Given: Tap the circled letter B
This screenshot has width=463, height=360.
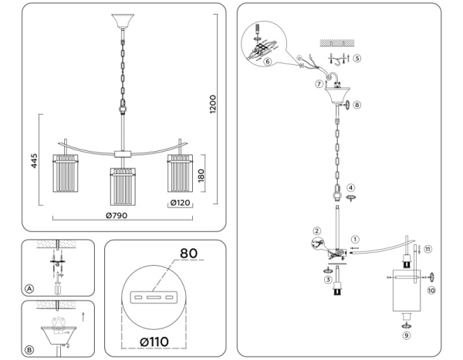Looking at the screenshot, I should coord(29,349).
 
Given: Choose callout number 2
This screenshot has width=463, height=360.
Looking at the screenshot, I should coord(316,231).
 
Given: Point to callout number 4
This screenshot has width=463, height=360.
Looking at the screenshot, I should coord(351,187).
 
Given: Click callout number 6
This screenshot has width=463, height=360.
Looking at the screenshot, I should coord(266,61).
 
